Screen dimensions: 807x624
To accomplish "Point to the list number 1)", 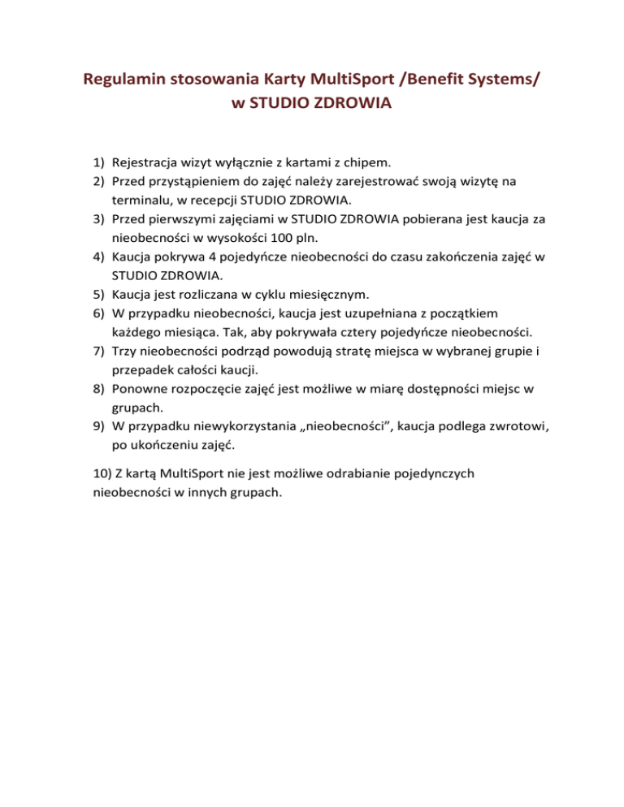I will (x=97, y=162).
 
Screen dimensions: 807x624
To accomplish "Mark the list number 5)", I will (x=97, y=293).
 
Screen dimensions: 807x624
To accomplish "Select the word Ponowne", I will (x=140, y=388).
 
